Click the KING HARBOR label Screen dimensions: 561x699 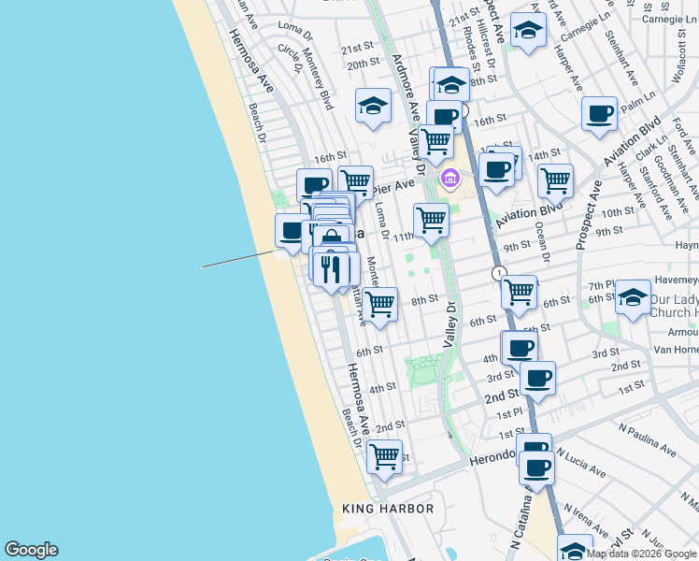point(388,509)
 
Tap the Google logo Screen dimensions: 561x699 point(31,550)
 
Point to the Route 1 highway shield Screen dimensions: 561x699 point(500,273)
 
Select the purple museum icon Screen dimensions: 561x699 point(449,177)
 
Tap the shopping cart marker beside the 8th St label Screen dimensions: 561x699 point(379,305)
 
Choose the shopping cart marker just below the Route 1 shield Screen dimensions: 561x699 point(519,293)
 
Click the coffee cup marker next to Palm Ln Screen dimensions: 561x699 point(599,114)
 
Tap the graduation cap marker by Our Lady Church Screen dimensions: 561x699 point(633,299)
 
